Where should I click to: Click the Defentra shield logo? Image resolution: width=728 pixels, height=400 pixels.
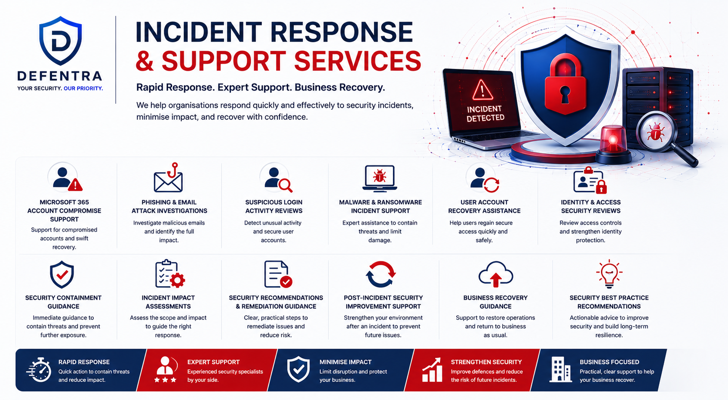[x=61, y=40]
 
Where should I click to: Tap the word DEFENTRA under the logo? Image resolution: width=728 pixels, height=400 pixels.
[x=60, y=76]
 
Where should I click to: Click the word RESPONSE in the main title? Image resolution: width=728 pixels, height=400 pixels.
[x=341, y=32]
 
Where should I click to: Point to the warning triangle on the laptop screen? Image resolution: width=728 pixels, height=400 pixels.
[x=482, y=90]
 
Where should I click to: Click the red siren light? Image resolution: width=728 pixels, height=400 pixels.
[x=613, y=144]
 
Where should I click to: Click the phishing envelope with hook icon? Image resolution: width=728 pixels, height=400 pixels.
[x=169, y=178]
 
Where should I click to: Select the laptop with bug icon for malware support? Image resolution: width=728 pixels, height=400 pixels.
[x=380, y=178]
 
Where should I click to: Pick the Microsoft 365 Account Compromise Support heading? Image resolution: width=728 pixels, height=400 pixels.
[x=64, y=211]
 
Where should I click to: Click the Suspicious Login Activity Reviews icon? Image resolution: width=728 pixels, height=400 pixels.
[x=276, y=178]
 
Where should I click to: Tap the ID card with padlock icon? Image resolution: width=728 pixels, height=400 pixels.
[x=590, y=180]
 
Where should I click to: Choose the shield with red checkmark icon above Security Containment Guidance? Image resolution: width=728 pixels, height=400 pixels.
[x=62, y=274]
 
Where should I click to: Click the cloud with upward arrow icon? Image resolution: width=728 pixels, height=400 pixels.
[x=496, y=274]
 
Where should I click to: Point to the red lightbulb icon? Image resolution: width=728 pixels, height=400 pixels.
[x=609, y=274]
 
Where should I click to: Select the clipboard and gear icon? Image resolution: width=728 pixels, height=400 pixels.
[x=170, y=274]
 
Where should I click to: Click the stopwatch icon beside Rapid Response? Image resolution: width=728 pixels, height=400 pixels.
[x=39, y=370]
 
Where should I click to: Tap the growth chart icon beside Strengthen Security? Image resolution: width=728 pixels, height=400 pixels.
[x=432, y=370]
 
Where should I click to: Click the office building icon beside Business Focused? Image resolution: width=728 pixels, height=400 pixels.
[x=560, y=369]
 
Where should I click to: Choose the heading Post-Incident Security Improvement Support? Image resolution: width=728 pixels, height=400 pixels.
[x=383, y=302]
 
